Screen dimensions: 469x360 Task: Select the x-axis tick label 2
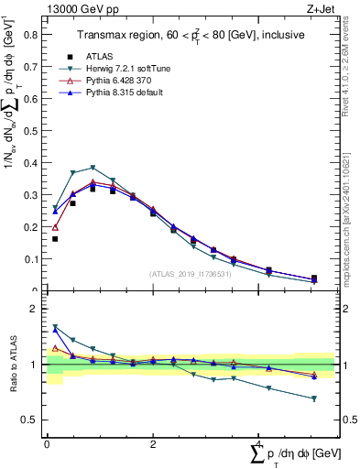coord(151,445)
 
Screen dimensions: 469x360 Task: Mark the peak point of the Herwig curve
coord(93,168)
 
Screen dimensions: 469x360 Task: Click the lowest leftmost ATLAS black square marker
coord(55,239)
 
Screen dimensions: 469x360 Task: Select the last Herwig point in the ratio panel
coord(314,398)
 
